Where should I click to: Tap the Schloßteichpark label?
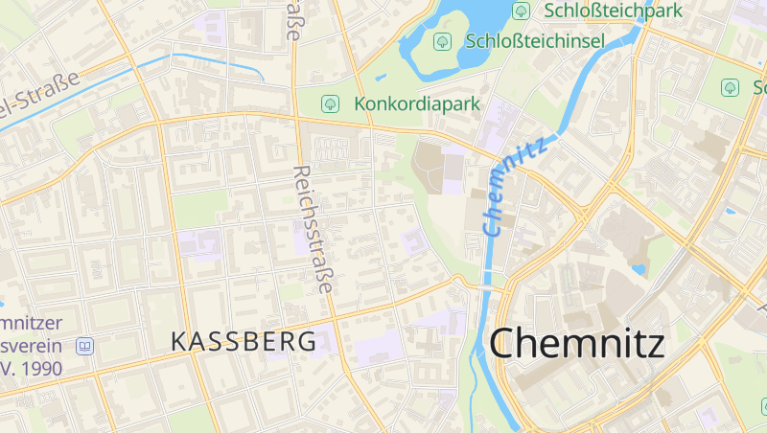click(613, 11)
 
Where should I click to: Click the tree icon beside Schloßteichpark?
click(522, 11)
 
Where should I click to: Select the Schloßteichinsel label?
click(534, 41)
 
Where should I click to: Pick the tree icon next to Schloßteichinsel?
click(442, 41)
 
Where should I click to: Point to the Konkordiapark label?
click(416, 103)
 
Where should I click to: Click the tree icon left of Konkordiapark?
click(331, 103)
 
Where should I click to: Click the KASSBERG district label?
click(244, 340)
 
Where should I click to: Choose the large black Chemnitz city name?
click(577, 343)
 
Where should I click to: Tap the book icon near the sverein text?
click(85, 346)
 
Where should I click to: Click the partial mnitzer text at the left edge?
click(33, 324)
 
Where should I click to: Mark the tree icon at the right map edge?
click(731, 87)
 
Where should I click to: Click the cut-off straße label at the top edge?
click(294, 19)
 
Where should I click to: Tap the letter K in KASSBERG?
click(178, 340)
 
